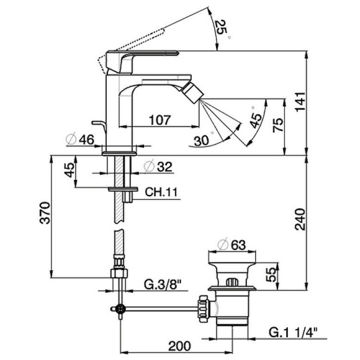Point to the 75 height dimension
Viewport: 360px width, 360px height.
(279, 126)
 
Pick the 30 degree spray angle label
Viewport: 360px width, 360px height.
(200, 141)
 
